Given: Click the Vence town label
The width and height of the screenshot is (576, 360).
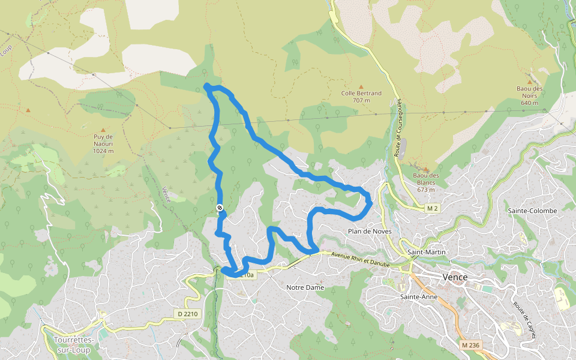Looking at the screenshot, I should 454,277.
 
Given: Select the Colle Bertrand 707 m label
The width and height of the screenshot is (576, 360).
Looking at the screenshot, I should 361,97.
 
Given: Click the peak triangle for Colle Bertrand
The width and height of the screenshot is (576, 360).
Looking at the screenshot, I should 361,86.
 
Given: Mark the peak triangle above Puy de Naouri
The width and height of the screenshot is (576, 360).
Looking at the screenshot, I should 103,130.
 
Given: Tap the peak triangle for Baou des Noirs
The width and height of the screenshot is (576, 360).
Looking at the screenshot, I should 529,82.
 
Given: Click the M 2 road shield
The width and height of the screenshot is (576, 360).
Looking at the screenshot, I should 433,208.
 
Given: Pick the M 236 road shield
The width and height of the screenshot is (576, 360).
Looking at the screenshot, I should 471,345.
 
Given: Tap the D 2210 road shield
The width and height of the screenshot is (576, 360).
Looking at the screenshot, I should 187,314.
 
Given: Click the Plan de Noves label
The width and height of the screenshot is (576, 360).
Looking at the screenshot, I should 370,231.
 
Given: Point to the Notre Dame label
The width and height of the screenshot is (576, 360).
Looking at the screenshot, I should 305,287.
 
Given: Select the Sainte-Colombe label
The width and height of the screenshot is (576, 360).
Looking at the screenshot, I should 532,211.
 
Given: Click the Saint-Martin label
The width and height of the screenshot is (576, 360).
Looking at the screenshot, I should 426,252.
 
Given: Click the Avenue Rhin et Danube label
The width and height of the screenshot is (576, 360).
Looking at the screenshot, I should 360,259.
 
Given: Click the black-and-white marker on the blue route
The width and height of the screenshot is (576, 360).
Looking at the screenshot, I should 220,208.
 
